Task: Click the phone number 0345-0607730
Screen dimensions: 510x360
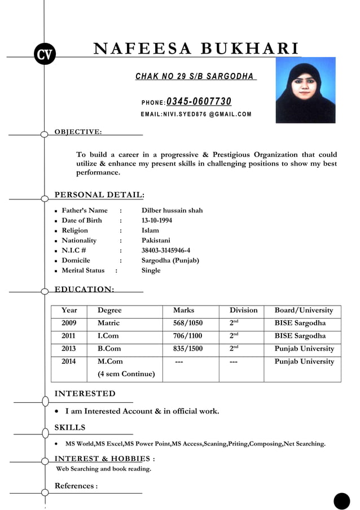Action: point(199,102)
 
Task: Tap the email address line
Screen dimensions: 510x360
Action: point(196,115)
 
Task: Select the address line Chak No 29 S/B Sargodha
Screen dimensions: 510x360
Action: point(195,76)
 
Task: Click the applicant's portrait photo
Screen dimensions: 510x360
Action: point(305,90)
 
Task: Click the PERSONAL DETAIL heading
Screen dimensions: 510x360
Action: point(99,195)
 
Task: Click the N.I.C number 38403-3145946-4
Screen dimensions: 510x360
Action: point(166,250)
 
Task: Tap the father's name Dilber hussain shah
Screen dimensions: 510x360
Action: point(172,210)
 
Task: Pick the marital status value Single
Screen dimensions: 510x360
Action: point(151,271)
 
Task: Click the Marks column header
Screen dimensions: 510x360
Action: point(184,310)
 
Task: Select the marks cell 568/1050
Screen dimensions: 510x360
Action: point(188,323)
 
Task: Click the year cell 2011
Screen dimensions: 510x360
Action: point(69,336)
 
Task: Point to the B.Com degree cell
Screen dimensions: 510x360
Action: point(109,348)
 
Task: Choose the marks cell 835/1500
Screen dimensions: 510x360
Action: point(188,348)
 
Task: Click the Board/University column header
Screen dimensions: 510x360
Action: point(304,310)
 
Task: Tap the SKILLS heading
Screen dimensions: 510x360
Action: point(70,427)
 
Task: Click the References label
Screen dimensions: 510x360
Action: point(76,486)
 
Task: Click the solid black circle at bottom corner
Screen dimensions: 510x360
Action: point(341,501)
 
